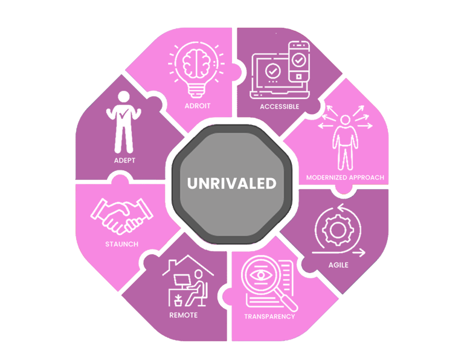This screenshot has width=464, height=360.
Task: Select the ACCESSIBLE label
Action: (x=279, y=106)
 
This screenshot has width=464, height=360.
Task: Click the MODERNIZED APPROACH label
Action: (x=346, y=178)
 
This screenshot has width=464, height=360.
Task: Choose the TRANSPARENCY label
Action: (x=269, y=317)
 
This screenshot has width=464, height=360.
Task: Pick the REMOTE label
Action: (x=183, y=315)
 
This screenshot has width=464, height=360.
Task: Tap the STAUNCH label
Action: (x=121, y=244)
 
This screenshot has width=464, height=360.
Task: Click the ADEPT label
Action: (x=124, y=161)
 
